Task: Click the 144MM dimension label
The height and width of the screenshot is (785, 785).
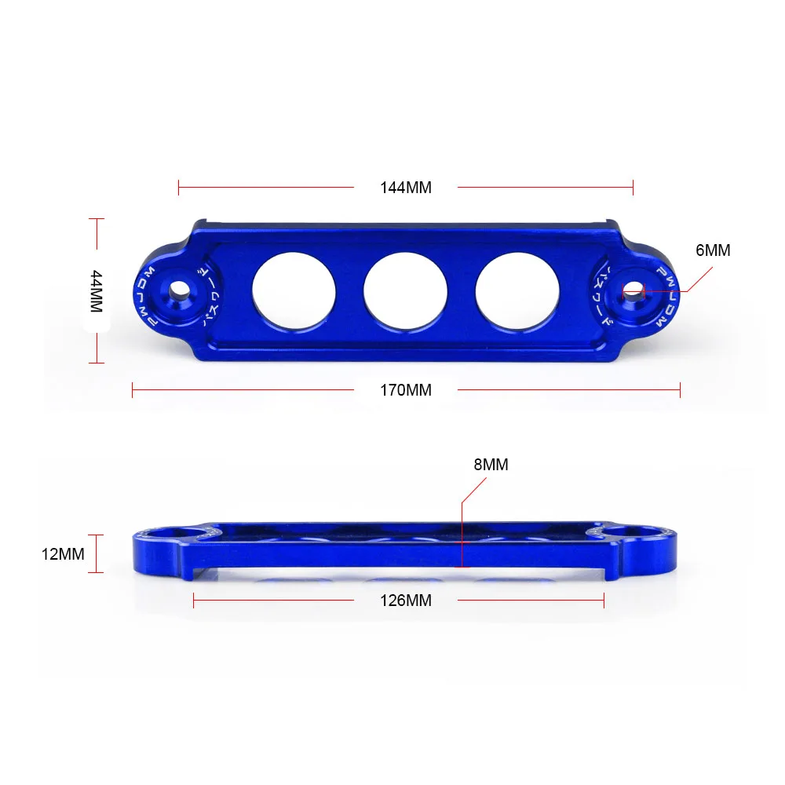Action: [406, 188]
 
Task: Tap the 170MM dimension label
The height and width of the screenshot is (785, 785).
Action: [406, 389]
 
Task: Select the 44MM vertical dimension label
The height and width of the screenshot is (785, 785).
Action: [97, 291]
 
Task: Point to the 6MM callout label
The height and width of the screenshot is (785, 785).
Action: [713, 250]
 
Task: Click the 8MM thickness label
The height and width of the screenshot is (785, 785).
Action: [491, 465]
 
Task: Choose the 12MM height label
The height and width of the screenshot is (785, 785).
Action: [63, 554]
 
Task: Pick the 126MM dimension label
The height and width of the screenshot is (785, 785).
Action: [406, 601]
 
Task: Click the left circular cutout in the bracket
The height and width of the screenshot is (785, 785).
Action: [294, 291]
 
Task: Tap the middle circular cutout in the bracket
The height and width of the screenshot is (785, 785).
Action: [405, 291]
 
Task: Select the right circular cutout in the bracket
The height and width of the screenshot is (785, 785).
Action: [517, 291]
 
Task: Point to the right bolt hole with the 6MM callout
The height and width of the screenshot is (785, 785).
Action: [633, 292]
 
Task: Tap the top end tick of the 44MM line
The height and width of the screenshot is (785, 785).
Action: [97, 219]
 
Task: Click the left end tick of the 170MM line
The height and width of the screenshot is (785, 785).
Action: [133, 389]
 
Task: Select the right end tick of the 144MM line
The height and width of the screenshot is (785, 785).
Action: [633, 188]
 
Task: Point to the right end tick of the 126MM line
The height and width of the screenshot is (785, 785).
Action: [604, 601]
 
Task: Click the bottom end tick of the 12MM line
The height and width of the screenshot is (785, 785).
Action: [97, 572]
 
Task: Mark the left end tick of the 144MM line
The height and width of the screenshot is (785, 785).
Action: [179, 188]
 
